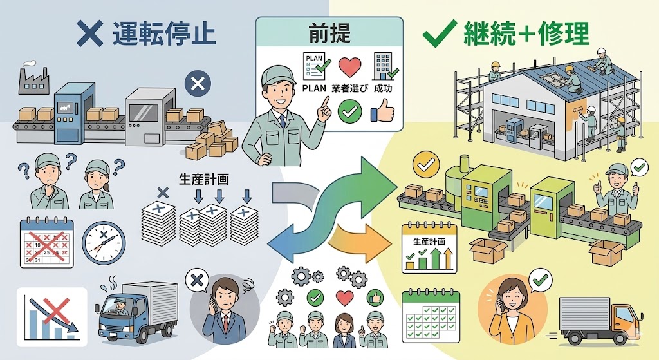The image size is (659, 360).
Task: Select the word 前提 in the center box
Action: point(329,32)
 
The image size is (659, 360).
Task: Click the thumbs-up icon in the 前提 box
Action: point(382,113)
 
